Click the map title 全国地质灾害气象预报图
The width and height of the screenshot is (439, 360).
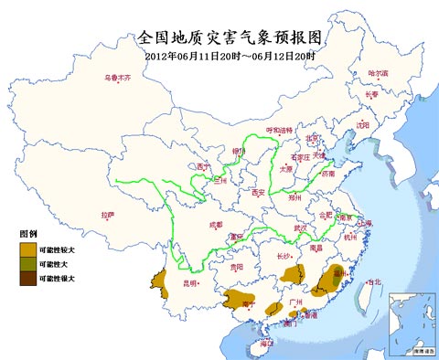(230, 37)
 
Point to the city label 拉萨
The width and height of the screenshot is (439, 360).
(109, 215)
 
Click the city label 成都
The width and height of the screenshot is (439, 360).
(215, 223)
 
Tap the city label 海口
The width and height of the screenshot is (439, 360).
(266, 343)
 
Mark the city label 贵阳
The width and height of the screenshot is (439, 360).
(237, 267)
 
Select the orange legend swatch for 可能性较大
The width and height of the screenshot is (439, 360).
(27, 249)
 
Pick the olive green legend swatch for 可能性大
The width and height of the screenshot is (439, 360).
(27, 263)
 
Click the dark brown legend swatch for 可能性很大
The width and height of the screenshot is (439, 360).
(27, 278)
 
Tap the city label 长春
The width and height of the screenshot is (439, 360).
(371, 94)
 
